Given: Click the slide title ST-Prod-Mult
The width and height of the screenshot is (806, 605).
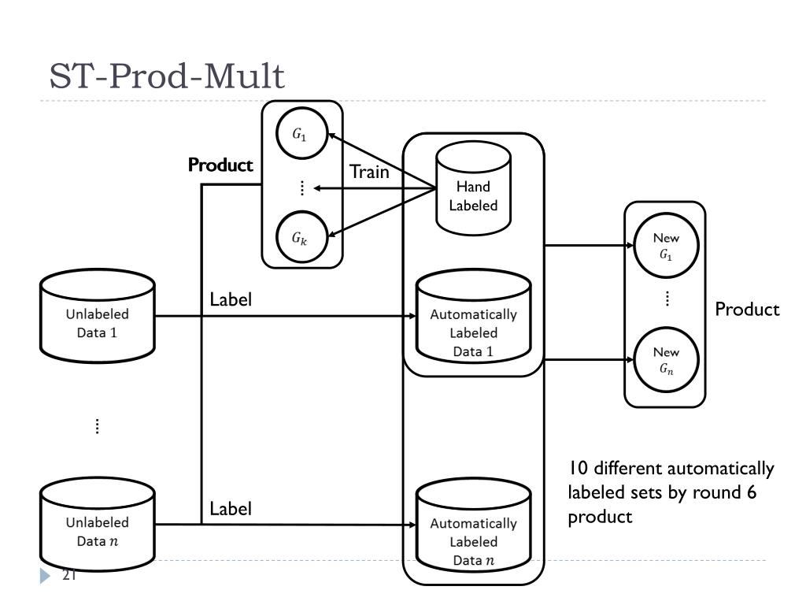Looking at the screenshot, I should [x=166, y=77].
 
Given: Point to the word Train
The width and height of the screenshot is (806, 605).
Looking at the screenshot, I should [x=369, y=172].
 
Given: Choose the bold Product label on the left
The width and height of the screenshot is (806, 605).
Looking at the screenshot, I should [x=220, y=165].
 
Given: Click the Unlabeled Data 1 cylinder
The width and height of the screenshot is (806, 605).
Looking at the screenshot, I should [x=98, y=322].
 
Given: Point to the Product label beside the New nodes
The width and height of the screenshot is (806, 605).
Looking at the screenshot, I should [x=747, y=310].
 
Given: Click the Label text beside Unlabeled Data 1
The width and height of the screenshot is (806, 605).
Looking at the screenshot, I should [x=231, y=301].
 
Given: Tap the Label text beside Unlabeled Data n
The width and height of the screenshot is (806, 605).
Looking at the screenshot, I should [x=231, y=509].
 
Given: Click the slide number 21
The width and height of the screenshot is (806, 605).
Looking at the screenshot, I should [x=68, y=576].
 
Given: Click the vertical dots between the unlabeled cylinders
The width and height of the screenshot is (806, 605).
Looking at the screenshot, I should [x=98, y=426].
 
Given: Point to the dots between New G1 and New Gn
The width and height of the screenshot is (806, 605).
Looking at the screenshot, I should [x=666, y=299].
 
